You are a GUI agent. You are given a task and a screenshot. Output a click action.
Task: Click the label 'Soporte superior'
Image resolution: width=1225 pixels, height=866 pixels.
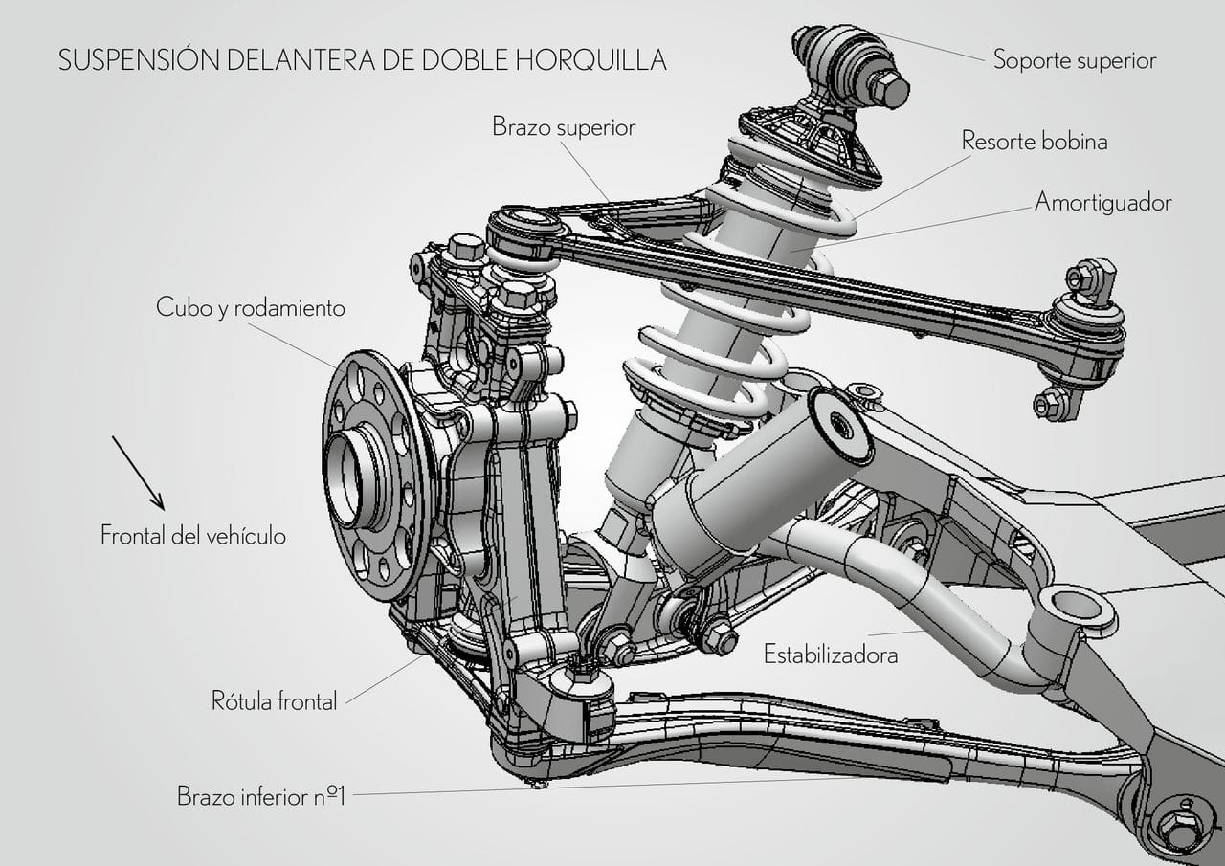tap(1074, 60)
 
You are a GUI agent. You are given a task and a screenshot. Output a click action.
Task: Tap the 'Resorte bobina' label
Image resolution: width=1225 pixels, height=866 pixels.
tap(1034, 141)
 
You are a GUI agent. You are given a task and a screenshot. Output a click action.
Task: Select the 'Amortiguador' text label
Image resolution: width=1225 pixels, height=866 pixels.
tap(1102, 203)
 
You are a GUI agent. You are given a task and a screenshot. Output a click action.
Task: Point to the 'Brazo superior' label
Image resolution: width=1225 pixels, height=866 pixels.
tap(564, 126)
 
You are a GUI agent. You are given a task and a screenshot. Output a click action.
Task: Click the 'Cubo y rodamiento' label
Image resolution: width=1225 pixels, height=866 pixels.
tap(251, 308)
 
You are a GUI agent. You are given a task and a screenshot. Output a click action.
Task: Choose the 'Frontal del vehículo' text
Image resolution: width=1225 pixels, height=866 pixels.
tap(193, 535)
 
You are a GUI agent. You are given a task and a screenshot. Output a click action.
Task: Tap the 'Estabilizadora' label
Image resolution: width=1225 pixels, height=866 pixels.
tap(831, 655)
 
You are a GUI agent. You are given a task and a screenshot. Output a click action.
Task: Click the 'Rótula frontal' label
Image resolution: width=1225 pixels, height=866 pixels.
tap(275, 701)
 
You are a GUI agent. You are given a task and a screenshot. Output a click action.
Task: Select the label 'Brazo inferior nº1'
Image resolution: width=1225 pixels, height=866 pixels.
tap(260, 795)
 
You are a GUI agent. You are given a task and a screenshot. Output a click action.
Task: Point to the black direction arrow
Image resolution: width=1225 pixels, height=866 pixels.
tap(138, 473)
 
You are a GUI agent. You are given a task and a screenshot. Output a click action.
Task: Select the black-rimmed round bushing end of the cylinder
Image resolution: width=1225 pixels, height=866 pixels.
tap(840, 426)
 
